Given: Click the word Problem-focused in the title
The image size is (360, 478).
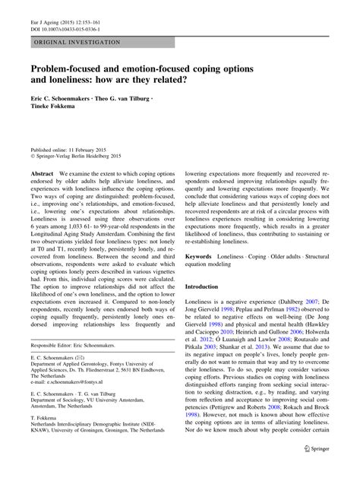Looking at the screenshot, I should (73, 69).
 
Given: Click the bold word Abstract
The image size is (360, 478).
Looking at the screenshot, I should (42, 174).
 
